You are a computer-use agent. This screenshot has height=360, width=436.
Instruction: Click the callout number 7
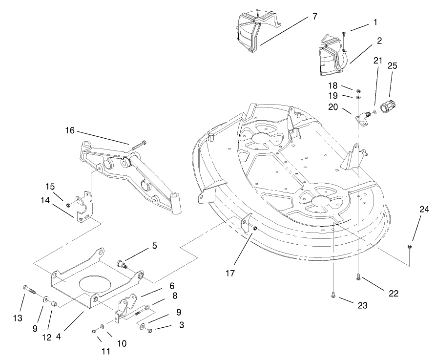tap(314, 16)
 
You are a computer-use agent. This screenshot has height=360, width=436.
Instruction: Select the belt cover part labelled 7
tap(257, 31)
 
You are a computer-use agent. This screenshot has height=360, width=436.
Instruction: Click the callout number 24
tap(424, 209)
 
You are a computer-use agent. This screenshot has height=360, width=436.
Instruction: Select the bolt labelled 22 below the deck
tap(358, 277)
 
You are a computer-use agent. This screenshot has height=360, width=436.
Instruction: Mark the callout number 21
tap(378, 60)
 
